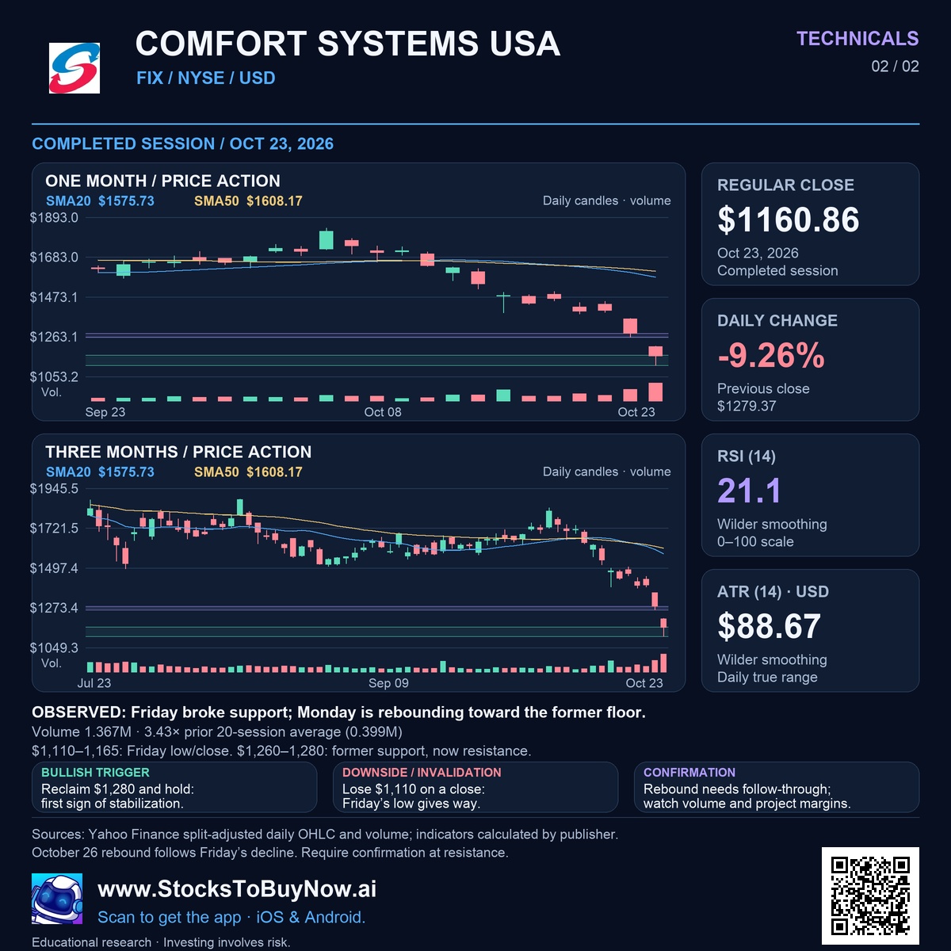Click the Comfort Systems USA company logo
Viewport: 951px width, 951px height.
tap(74, 68)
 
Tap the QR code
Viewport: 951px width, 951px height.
tap(870, 896)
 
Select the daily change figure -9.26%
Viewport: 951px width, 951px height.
tap(771, 355)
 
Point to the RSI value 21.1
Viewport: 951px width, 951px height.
tap(749, 491)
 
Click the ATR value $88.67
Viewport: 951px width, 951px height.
tap(769, 626)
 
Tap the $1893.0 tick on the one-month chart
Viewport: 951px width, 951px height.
tap(54, 218)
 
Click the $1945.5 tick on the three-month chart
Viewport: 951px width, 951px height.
tap(54, 489)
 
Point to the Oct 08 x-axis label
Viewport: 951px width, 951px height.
tap(383, 412)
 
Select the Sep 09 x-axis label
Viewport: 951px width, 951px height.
tap(388, 683)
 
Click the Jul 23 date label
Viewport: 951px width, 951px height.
tap(94, 683)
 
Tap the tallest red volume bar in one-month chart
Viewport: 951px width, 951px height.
tap(655, 391)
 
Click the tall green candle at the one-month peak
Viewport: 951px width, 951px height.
tap(327, 239)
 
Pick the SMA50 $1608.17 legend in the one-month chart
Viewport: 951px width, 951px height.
tap(248, 201)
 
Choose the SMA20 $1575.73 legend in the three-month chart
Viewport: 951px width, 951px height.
tap(100, 472)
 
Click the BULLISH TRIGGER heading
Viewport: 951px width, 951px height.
tap(95, 773)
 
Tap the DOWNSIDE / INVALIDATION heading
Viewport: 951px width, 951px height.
tap(422, 773)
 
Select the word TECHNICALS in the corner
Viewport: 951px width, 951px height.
tap(857, 39)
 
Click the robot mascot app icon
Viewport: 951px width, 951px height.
tap(57, 898)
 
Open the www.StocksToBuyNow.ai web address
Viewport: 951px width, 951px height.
tap(237, 889)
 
